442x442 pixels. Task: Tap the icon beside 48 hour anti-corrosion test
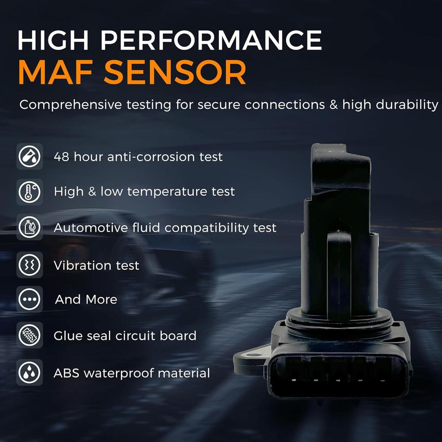(x=29, y=156)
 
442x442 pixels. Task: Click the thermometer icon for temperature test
(x=29, y=192)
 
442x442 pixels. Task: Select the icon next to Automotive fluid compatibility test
(x=29, y=228)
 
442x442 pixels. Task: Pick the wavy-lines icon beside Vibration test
(x=29, y=264)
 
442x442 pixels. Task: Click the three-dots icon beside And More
(x=29, y=299)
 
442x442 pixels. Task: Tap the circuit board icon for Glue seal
(x=29, y=335)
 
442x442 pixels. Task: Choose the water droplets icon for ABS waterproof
(x=29, y=372)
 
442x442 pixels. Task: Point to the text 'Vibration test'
(x=96, y=265)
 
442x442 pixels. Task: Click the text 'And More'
(x=86, y=300)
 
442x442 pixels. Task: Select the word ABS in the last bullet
(x=66, y=373)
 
